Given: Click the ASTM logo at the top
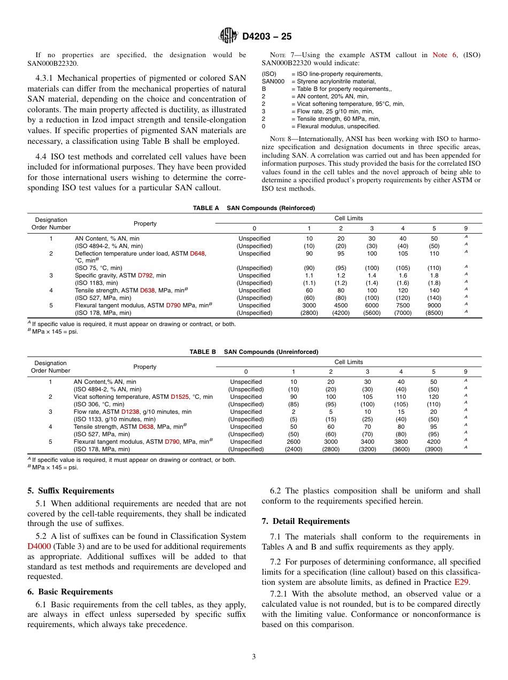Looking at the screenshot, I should point(228,36).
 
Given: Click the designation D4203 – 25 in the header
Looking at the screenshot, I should point(267,36).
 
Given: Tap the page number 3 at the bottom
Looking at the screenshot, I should point(254,656).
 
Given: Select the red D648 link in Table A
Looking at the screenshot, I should point(197,253).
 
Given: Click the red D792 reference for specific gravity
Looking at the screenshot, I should point(145,275).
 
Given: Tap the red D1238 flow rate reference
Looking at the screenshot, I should point(130,412).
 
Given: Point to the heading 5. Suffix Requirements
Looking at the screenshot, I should point(71,491).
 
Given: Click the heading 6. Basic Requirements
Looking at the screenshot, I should point(70,592).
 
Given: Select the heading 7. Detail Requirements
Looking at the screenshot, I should point(305,521).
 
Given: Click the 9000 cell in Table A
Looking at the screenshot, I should point(434,305).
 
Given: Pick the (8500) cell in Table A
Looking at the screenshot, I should point(434,313).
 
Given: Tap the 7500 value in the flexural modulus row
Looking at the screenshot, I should point(403,305).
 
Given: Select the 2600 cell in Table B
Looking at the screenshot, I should point(293,442).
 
